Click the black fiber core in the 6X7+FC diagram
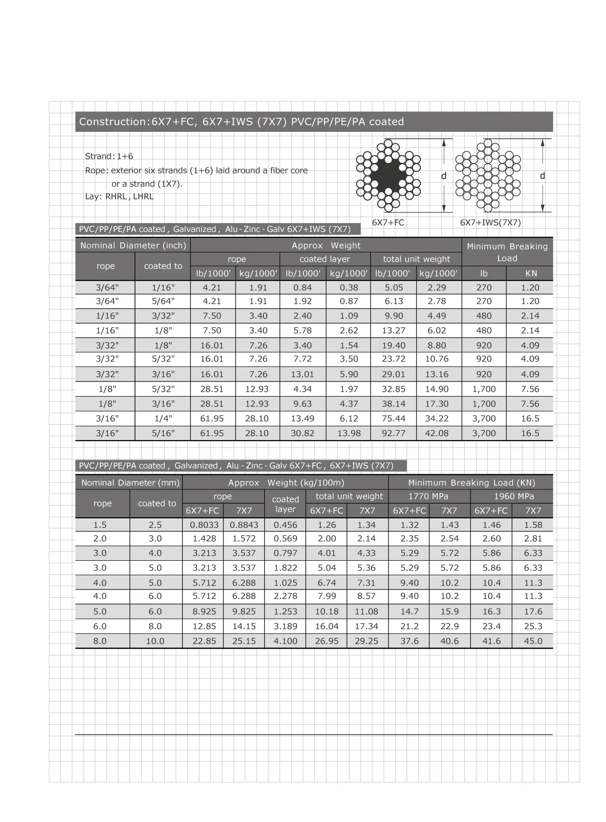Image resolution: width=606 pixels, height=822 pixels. [389, 174]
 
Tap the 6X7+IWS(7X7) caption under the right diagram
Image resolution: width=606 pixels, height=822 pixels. [490, 223]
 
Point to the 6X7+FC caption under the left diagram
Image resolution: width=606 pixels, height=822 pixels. [388, 223]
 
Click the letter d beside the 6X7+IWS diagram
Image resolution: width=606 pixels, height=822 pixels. [542, 175]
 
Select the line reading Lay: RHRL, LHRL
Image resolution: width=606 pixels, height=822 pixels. [119, 197]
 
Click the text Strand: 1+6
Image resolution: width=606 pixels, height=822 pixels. [109, 156]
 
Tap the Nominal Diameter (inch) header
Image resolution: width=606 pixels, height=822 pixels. [133, 246]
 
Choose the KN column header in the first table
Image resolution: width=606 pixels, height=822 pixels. [531, 274]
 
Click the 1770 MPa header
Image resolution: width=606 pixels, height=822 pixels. [428, 496]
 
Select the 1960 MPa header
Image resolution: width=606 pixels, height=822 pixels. [514, 496]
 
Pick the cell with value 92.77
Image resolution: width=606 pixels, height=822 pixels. [393, 433]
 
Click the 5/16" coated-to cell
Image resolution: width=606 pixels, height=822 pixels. [163, 433]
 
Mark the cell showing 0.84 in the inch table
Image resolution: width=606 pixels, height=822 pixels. [303, 288]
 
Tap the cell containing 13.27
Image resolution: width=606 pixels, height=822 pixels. [393, 331]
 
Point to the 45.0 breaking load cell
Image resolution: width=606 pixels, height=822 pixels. [533, 641]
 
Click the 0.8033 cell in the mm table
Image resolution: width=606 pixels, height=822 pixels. [204, 525]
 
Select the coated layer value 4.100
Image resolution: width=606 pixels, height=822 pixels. [285, 641]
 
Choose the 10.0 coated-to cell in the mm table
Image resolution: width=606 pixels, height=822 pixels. [155, 641]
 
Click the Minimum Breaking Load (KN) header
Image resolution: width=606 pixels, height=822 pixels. [471, 483]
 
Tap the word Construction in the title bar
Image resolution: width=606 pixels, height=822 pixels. [112, 122]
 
